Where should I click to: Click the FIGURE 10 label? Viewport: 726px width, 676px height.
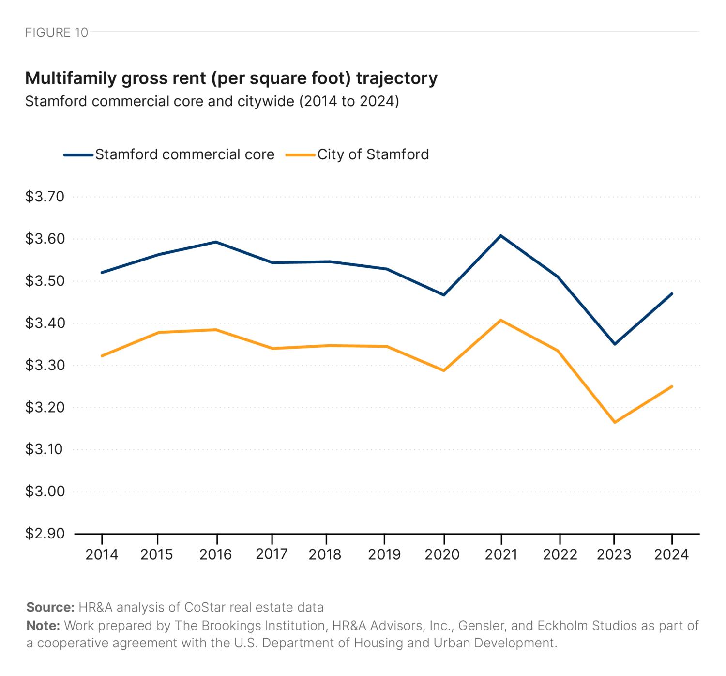click(57, 32)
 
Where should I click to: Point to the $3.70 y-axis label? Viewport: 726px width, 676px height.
click(45, 197)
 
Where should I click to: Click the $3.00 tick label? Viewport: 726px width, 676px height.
click(45, 492)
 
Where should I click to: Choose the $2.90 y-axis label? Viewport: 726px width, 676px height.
click(45, 534)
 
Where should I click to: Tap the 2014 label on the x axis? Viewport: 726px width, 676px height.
click(102, 554)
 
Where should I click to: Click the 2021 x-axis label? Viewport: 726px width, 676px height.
click(501, 554)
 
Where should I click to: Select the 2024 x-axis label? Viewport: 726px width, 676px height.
click(671, 554)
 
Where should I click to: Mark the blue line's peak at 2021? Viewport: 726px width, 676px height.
click(501, 236)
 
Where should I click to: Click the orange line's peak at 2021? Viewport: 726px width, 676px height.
click(501, 320)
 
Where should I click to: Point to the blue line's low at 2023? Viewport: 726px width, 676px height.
click(614, 344)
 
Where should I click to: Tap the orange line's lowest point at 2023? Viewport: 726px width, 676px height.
click(614, 422)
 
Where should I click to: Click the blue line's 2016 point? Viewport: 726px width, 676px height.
click(216, 242)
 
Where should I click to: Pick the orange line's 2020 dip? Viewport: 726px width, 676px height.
click(443, 370)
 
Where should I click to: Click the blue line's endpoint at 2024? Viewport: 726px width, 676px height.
click(672, 293)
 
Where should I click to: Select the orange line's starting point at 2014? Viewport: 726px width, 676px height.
click(102, 356)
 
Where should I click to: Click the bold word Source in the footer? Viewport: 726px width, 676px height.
click(50, 607)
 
